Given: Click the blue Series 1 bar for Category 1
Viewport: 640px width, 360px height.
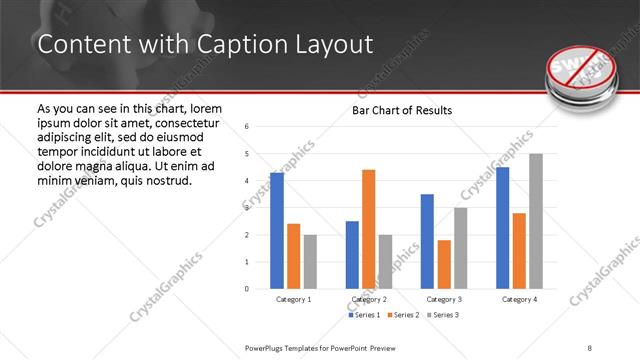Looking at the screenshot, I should click(x=277, y=231).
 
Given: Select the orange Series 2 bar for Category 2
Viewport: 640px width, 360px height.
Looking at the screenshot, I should click(x=368, y=229).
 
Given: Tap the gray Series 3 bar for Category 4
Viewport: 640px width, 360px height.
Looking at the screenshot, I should click(x=535, y=221).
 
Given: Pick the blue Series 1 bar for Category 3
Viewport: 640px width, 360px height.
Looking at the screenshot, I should click(x=427, y=241).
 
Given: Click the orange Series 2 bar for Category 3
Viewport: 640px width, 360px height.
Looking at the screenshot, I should click(x=444, y=264).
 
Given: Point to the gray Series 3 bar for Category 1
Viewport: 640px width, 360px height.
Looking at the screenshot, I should click(x=310, y=261).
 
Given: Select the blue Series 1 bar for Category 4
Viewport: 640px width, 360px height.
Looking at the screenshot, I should click(x=502, y=228).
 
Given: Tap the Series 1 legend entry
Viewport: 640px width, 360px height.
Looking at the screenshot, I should click(x=364, y=315).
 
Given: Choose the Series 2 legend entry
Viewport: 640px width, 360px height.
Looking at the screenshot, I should click(x=402, y=315).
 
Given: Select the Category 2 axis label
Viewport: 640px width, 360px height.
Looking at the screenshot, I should click(x=369, y=299).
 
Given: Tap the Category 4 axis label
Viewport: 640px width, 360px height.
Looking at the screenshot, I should click(x=519, y=299).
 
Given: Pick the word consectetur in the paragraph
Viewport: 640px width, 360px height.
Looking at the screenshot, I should click(x=178, y=122).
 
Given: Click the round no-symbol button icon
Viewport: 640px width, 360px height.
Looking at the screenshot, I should click(x=583, y=72).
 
